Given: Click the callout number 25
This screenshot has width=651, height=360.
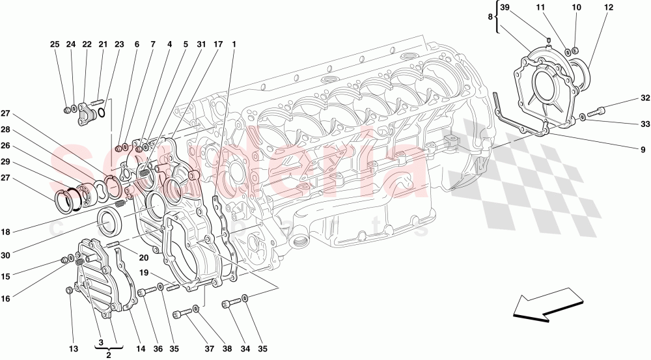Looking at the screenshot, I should (55, 44).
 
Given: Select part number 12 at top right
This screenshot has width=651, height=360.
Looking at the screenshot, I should (609, 8).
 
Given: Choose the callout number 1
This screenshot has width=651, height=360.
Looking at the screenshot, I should (234, 44).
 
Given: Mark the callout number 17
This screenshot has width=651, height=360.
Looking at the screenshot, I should (218, 44).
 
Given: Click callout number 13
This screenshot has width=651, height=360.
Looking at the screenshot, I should (74, 349).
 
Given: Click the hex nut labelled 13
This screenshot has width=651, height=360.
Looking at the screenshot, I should (69, 291).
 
